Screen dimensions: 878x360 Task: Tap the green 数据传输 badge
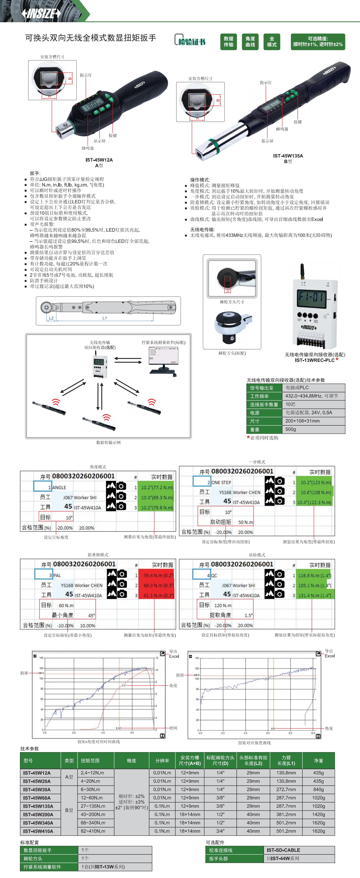point(229,41)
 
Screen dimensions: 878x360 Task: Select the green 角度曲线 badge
point(250,41)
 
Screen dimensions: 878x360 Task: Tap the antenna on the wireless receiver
point(302,271)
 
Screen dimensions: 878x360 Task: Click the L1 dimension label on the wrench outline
point(105,318)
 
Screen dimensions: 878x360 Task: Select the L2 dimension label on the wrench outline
point(51,318)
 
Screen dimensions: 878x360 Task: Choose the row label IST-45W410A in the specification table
point(38,831)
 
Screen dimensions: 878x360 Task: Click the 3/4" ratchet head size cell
point(220,831)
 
